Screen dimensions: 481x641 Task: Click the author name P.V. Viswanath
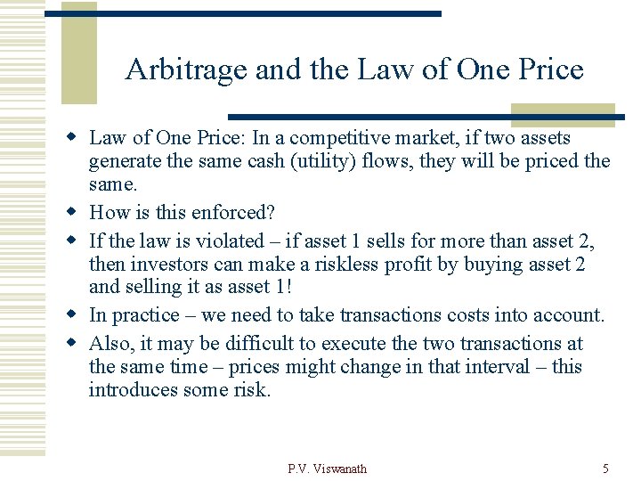click(x=327, y=469)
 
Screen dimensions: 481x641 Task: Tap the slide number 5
click(x=605, y=469)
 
